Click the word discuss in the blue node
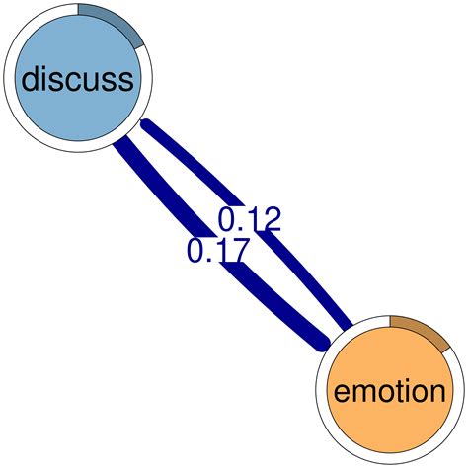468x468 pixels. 78,78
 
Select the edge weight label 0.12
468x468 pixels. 249,220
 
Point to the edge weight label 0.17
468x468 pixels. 218,251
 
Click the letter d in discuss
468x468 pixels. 32,78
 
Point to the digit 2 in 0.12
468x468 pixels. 271,220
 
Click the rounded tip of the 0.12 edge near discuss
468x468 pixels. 146,124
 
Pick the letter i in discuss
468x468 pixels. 49,77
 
